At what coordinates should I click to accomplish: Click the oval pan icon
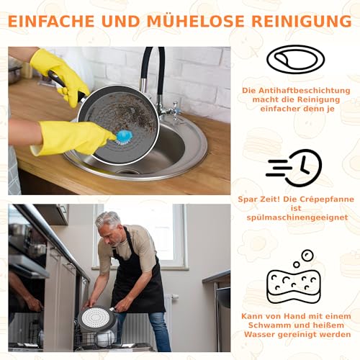click(x=295, y=60)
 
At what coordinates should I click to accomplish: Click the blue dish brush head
click(x=125, y=135)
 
